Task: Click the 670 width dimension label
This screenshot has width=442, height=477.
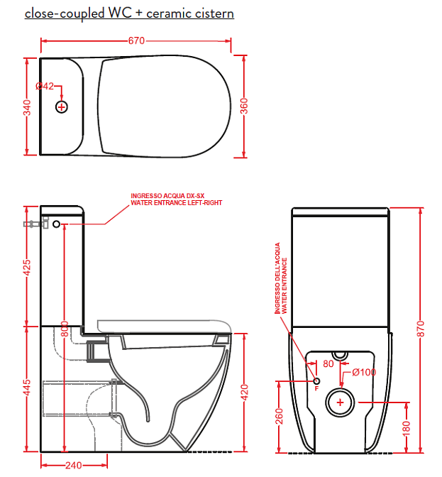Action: (136, 40)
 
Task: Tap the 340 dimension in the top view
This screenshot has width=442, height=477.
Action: (28, 108)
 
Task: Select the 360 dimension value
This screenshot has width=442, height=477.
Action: (244, 106)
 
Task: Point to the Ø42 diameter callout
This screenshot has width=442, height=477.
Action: (45, 87)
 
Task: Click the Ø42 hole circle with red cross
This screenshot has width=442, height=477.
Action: (62, 107)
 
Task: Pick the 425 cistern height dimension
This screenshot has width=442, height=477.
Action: (28, 268)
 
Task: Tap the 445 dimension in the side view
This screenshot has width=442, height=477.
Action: (28, 388)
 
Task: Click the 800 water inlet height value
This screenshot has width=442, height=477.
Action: (65, 329)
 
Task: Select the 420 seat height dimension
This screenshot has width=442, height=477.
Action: (244, 392)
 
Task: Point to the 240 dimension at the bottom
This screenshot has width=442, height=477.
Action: (74, 465)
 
